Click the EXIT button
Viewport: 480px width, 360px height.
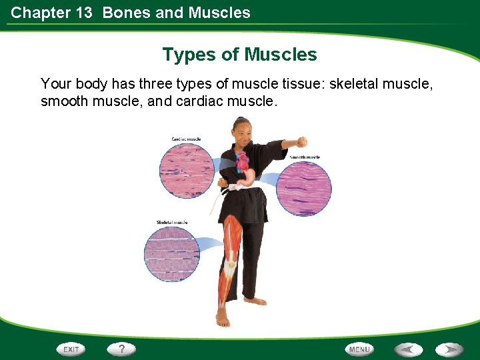pyautogui.click(x=71, y=349)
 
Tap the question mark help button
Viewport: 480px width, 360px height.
pyautogui.click(x=121, y=349)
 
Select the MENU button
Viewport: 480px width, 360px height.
pyautogui.click(x=359, y=349)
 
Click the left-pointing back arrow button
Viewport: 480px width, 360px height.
pyautogui.click(x=407, y=349)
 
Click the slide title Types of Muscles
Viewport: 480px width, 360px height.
pyautogui.click(x=239, y=54)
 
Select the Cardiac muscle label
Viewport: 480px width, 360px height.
pyautogui.click(x=186, y=139)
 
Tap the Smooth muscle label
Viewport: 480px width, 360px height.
pyautogui.click(x=304, y=157)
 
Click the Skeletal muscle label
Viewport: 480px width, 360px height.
pyautogui.click(x=172, y=222)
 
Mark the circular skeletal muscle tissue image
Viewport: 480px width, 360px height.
pyautogui.click(x=171, y=254)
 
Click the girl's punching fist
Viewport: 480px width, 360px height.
pyautogui.click(x=301, y=141)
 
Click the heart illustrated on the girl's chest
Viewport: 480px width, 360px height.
pyautogui.click(x=241, y=161)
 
